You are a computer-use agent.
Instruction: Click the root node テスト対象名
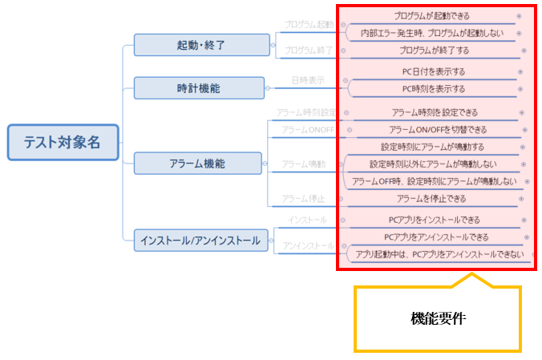click(x=63, y=143)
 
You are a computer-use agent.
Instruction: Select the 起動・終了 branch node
click(x=200, y=46)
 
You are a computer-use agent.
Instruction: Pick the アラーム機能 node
click(x=197, y=164)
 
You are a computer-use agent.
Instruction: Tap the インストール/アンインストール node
click(x=200, y=239)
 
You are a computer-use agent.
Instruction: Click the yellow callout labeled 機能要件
click(x=437, y=318)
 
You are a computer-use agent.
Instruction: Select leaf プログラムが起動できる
click(x=431, y=16)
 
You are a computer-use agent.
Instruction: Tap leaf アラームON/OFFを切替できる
click(x=437, y=130)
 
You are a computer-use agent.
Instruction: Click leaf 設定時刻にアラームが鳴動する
click(x=432, y=147)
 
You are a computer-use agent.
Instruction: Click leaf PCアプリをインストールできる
click(x=432, y=220)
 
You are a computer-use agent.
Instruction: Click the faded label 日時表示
click(x=308, y=80)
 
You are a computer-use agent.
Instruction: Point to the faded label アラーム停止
click(x=303, y=198)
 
